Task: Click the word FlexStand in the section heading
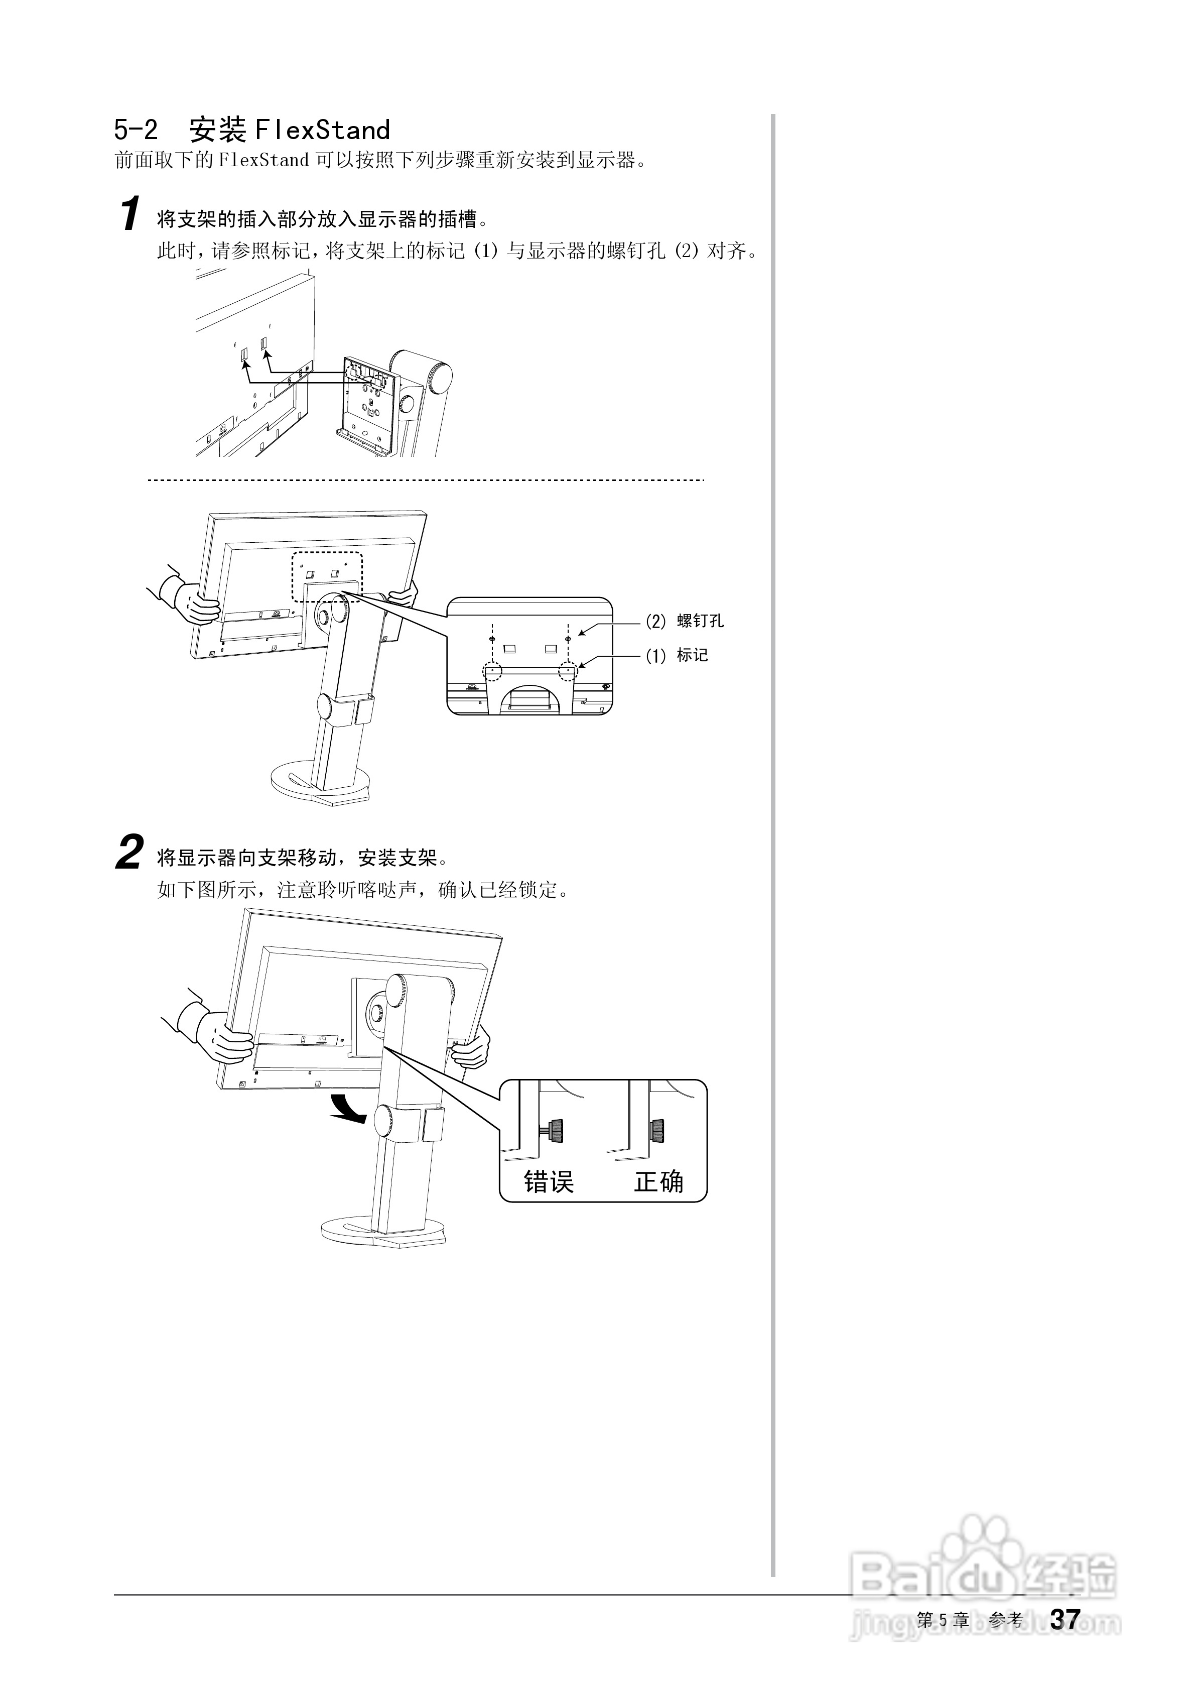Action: point(322,131)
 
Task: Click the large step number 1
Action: point(130,214)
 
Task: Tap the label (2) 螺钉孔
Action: point(685,621)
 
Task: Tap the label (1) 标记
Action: point(677,655)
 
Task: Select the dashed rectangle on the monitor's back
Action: point(327,577)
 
